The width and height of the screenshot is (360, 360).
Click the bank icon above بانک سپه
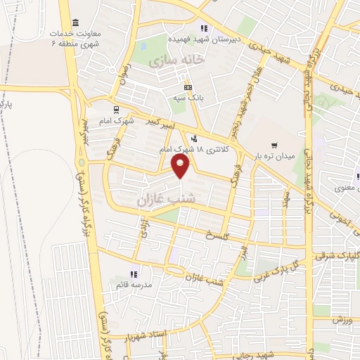click(188, 86)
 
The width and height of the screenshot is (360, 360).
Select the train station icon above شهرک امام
click(116, 109)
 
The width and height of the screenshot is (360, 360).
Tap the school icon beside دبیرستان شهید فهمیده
click(204, 29)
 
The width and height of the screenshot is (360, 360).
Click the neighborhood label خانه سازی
click(175, 61)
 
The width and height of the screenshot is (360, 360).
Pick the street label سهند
click(286, 195)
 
